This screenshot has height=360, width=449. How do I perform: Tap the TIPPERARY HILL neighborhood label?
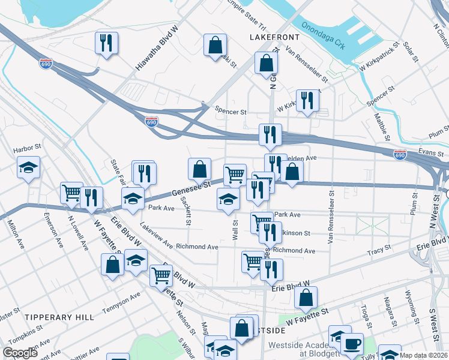[59, 316]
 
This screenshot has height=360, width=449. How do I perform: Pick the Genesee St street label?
[190, 190]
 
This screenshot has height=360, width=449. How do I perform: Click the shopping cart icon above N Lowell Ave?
[71, 193]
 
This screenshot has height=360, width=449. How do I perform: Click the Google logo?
[20, 352]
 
